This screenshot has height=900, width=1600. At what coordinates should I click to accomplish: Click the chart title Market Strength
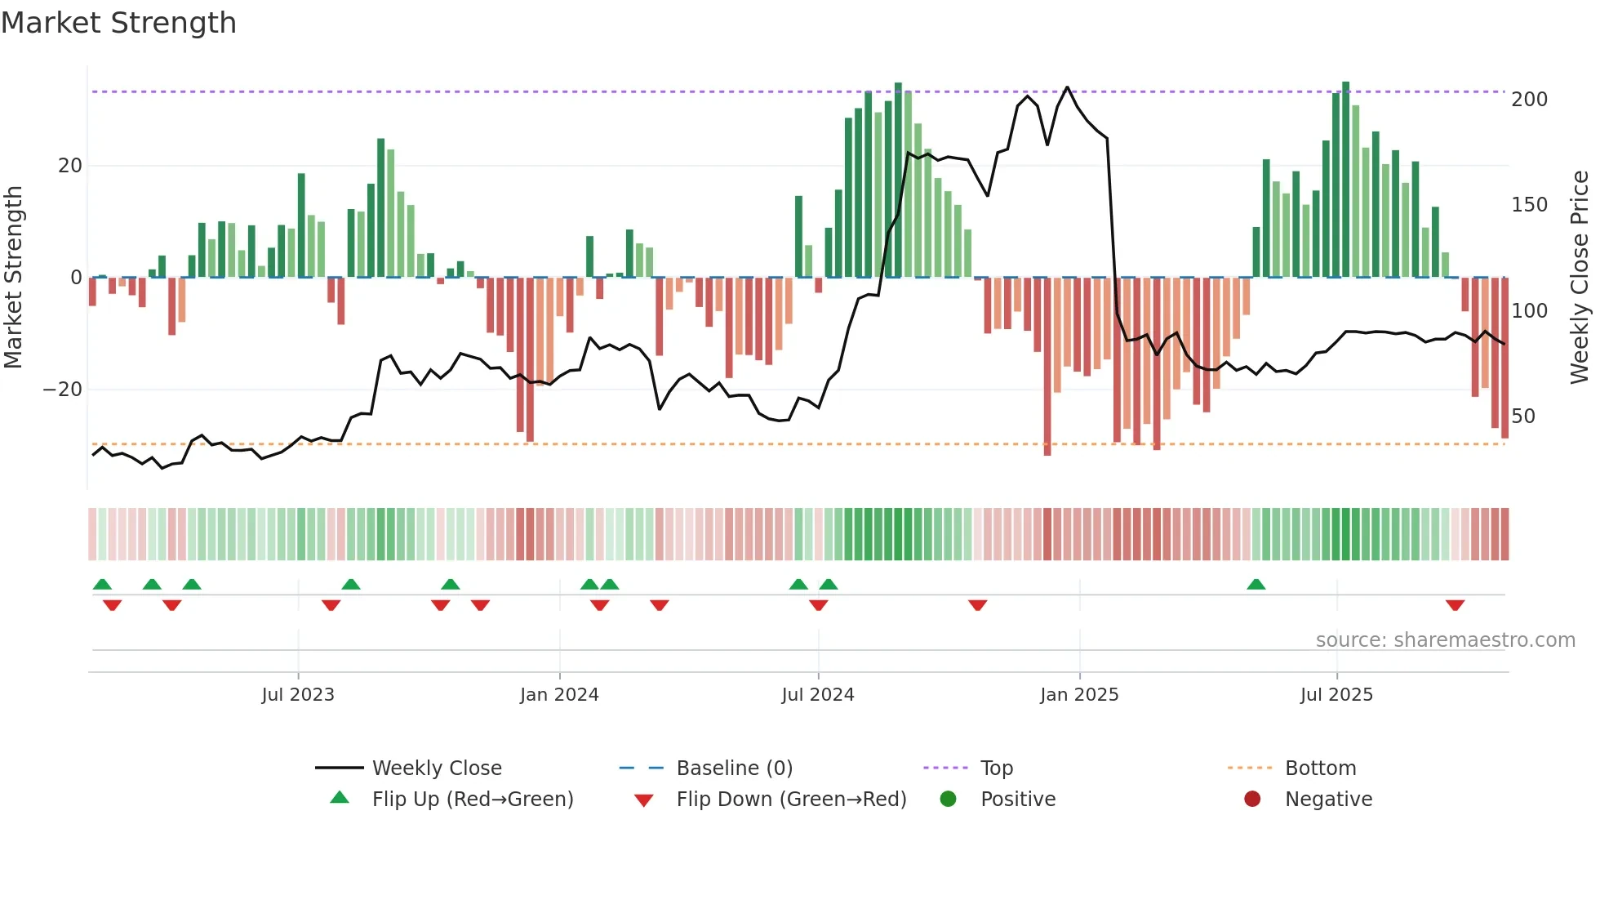tap(119, 23)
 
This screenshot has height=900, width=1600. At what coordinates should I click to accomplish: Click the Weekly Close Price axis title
tap(1580, 277)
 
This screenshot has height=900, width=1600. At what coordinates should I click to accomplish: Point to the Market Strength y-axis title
tap(13, 277)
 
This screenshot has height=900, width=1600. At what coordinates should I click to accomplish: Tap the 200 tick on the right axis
tap(1529, 100)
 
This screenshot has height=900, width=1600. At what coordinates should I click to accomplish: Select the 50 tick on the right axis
tap(1523, 417)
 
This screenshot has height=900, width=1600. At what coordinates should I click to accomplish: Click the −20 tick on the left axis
tap(63, 390)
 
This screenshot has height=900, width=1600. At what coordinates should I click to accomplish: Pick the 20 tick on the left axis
tap(70, 166)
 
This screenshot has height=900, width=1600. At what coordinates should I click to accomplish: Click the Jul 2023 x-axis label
tap(298, 695)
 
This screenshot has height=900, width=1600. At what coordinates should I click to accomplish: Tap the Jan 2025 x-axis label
tap(1079, 695)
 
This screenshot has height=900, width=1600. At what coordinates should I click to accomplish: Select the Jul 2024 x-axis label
tap(818, 695)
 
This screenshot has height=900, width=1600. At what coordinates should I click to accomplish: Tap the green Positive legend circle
tap(948, 800)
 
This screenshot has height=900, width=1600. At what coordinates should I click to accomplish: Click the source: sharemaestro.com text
tap(1445, 640)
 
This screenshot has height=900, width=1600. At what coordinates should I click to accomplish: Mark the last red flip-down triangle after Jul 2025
tap(1455, 605)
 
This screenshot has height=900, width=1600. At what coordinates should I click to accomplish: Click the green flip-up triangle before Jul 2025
tap(1256, 585)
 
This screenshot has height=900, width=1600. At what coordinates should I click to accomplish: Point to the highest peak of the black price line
tap(1067, 87)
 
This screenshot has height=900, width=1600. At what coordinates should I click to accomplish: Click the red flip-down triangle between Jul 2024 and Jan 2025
tap(978, 605)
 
